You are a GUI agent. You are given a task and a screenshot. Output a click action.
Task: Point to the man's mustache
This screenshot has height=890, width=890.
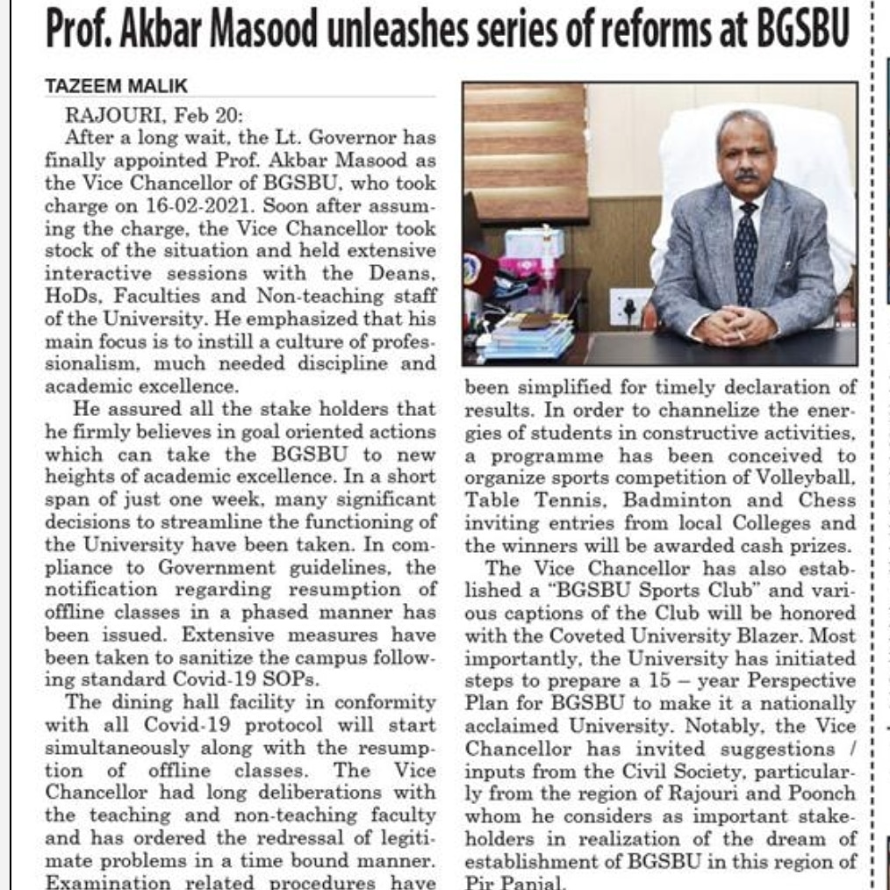tap(746, 176)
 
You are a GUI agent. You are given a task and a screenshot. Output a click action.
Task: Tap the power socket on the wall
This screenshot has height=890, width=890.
tap(630, 306)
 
